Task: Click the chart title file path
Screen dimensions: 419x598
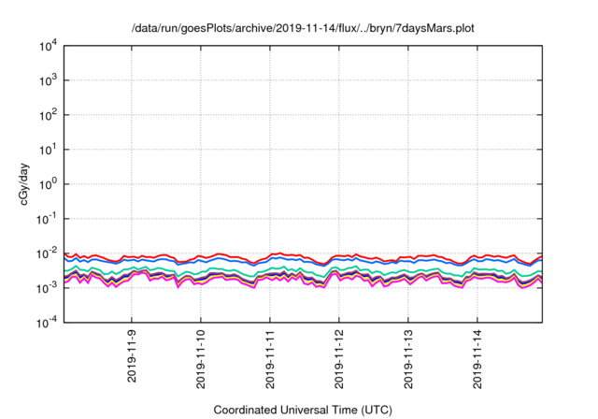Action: point(303,28)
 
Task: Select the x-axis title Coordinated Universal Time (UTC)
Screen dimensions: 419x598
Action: point(303,409)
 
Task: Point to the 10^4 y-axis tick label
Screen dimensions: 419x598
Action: point(49,46)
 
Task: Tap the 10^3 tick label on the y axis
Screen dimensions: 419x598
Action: point(49,80)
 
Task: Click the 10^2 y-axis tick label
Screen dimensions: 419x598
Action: point(49,115)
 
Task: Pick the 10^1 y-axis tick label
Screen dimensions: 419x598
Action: point(49,150)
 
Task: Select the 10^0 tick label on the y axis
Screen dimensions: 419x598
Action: point(49,184)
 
